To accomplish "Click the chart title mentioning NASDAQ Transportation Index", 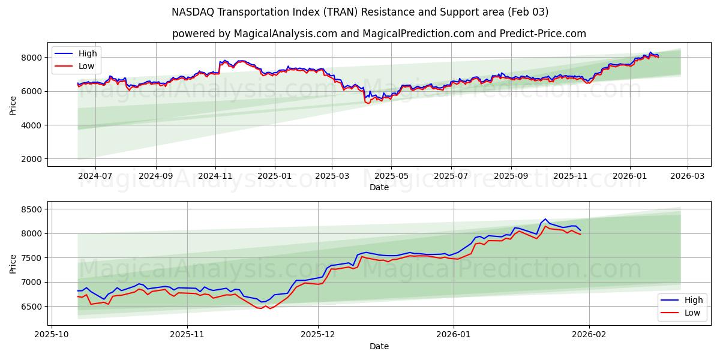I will (x=360, y=12).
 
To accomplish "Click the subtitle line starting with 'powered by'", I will (x=379, y=34).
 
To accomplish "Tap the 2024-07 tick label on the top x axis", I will (x=95, y=176).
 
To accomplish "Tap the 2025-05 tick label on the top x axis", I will (x=391, y=176).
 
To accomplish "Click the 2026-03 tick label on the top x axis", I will (x=687, y=176).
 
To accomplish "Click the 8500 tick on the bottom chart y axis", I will (x=31, y=209).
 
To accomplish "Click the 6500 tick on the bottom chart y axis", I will (x=31, y=306).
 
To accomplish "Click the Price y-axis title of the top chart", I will (x=13, y=105).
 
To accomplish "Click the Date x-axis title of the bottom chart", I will (x=379, y=346).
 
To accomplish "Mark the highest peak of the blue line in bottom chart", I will (x=545, y=219).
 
